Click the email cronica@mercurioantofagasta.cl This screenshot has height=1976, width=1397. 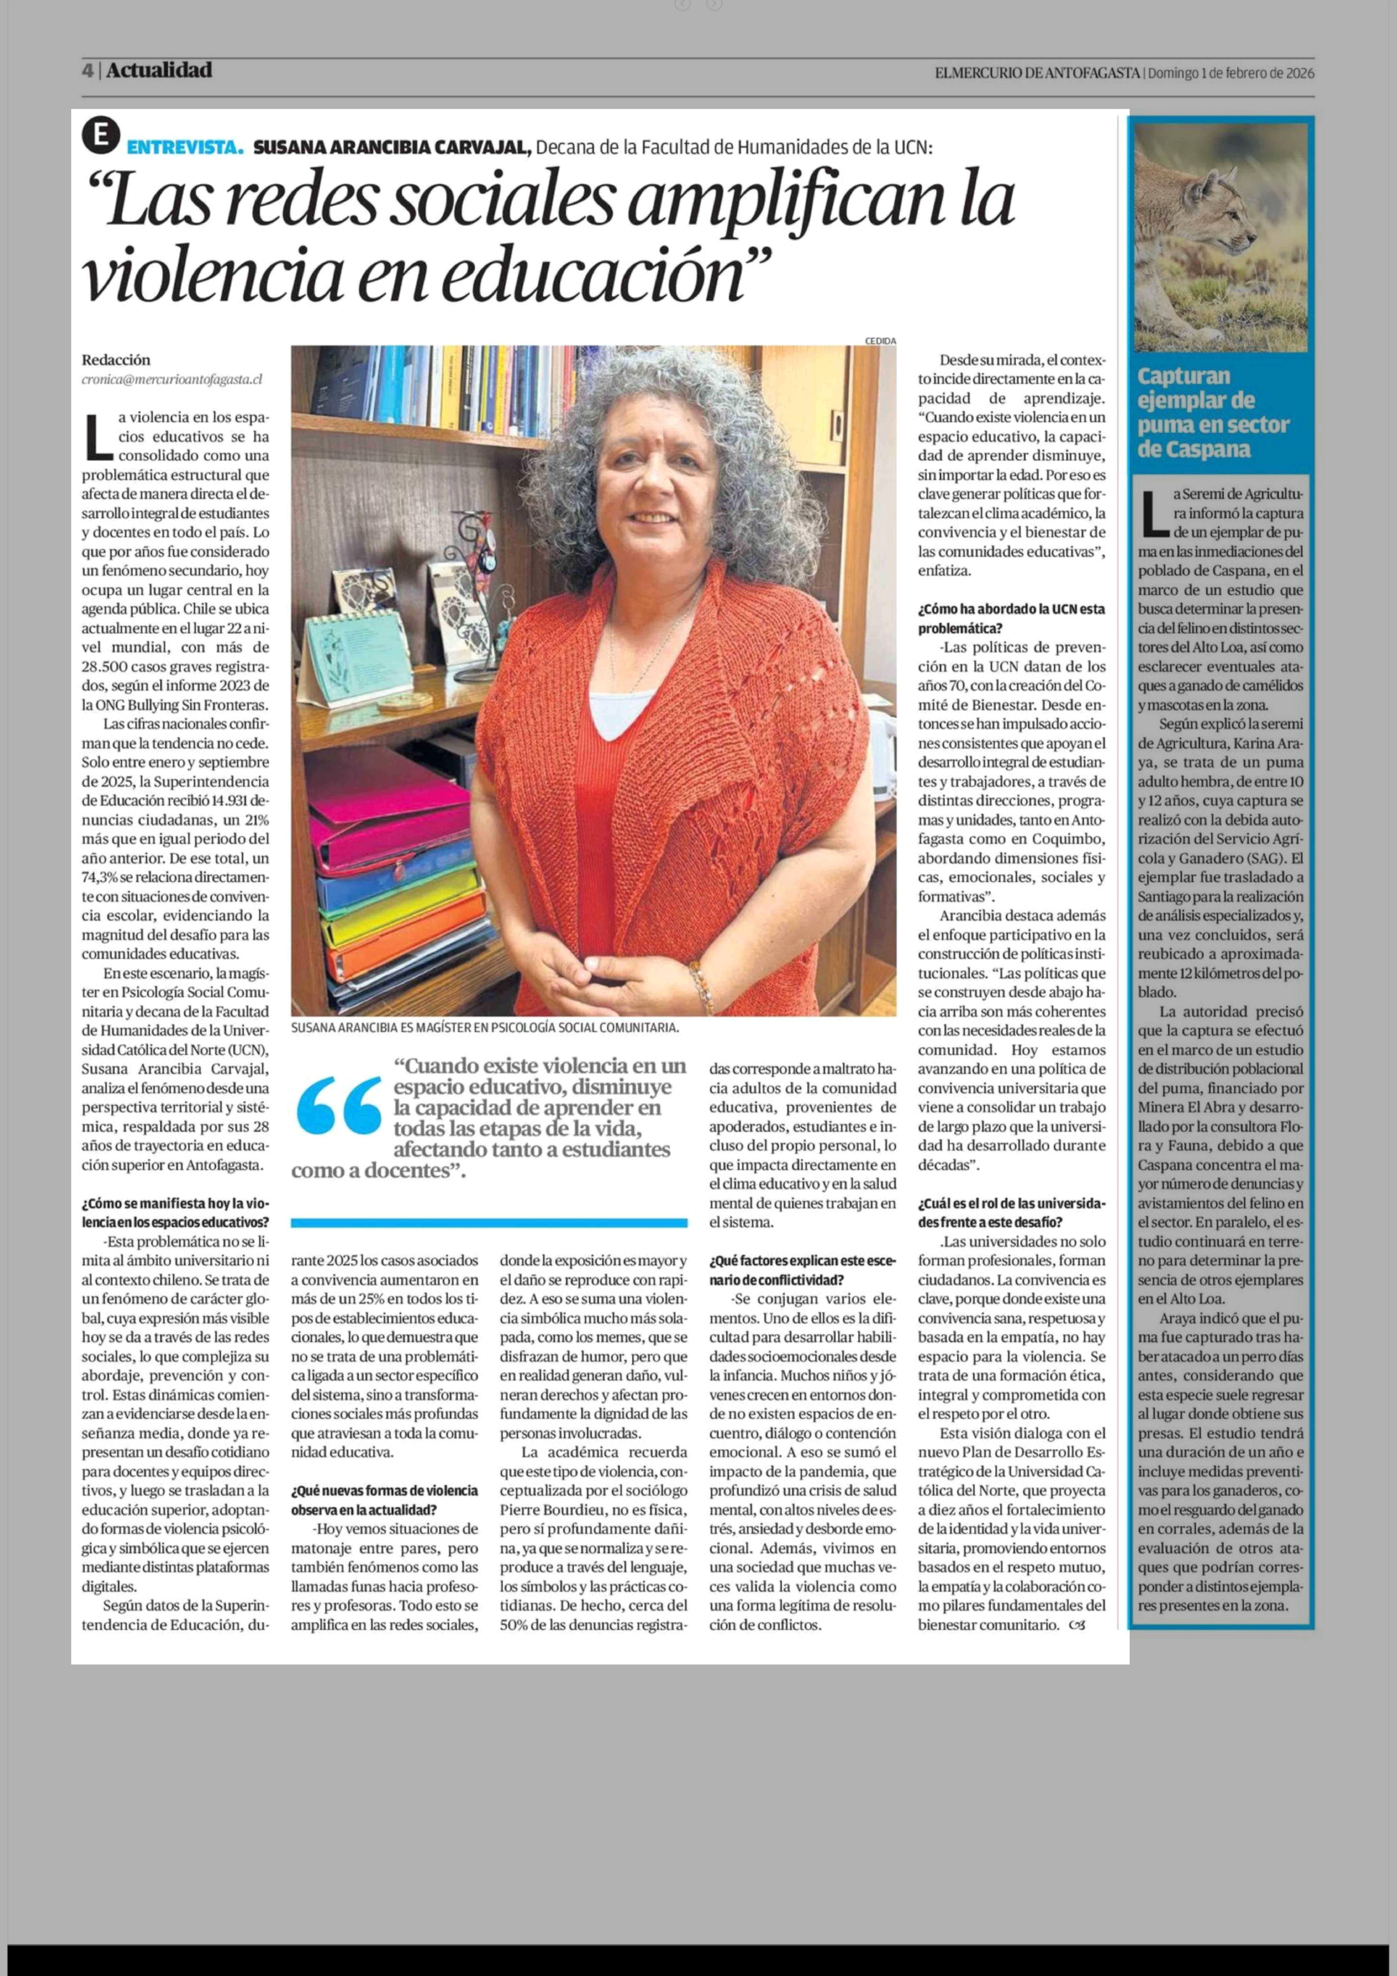tap(172, 379)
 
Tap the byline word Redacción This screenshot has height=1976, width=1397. tap(116, 360)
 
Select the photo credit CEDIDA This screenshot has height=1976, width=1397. tap(880, 341)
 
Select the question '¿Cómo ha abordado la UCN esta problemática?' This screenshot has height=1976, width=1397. tap(1011, 618)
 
